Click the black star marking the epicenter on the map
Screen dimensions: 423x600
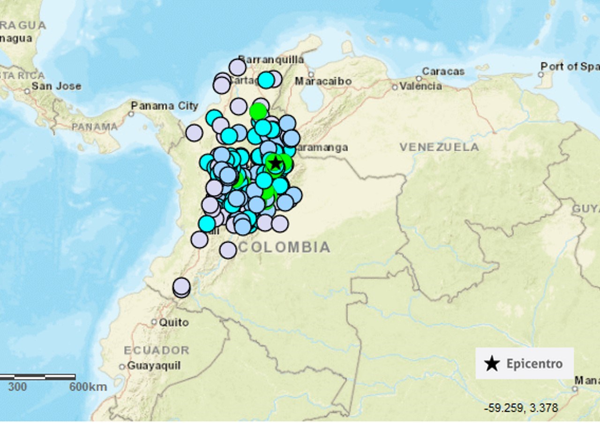[x=276, y=163]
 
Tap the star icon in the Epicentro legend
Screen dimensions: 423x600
[x=491, y=364]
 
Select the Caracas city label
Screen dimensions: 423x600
[x=443, y=71]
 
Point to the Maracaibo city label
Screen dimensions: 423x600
[x=323, y=82]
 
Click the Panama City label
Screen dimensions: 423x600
[x=165, y=106]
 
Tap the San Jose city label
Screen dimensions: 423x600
[x=56, y=86]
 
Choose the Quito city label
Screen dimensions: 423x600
[x=174, y=322]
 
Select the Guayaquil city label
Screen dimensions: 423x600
[x=154, y=365]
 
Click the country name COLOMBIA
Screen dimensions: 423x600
[x=284, y=247]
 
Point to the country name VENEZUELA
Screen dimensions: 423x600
[x=439, y=147]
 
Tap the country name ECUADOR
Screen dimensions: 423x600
[x=157, y=350]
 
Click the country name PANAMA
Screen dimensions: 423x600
[x=95, y=127]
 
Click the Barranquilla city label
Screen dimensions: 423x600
[x=271, y=59]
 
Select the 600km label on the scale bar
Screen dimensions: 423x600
[x=88, y=387]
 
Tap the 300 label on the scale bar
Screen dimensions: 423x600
[x=17, y=387]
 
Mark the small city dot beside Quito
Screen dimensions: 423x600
[x=154, y=322]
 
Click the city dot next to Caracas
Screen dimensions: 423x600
[x=419, y=79]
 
